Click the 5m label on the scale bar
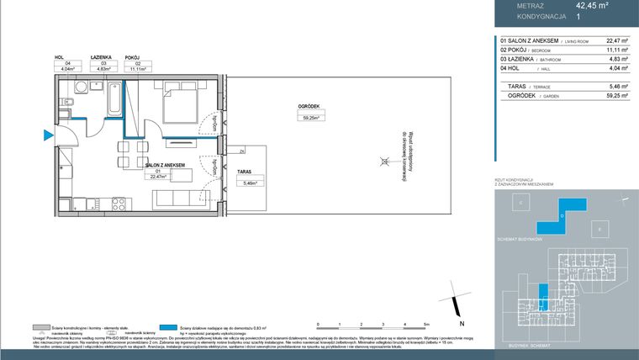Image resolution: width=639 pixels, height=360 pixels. pos(427,324)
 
